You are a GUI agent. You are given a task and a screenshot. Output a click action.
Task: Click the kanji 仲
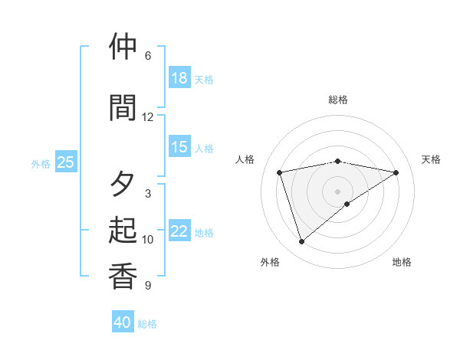(x=123, y=47)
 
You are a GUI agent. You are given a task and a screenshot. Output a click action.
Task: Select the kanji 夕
(x=123, y=184)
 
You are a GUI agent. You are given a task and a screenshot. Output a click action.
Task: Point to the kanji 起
(x=123, y=230)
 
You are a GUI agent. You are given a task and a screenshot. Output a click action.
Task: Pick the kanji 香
(x=123, y=276)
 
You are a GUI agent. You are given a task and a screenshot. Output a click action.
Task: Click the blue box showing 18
(x=179, y=78)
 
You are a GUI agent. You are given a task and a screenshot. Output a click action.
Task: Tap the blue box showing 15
(x=179, y=147)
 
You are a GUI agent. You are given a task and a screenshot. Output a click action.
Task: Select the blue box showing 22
(x=179, y=231)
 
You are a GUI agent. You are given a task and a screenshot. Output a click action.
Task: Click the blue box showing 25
(x=65, y=162)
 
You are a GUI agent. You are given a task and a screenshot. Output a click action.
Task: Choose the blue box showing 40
(x=123, y=322)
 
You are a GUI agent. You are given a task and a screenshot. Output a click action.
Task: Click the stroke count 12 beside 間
(x=148, y=116)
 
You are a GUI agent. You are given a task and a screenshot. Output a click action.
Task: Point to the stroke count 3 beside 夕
(x=148, y=193)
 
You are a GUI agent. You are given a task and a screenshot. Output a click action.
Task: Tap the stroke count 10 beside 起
(x=148, y=239)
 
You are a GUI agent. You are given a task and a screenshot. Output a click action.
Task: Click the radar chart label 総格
(x=338, y=100)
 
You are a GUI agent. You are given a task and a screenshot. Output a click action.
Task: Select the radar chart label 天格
(x=431, y=159)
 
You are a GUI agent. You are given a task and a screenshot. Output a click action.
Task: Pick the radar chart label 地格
(x=402, y=262)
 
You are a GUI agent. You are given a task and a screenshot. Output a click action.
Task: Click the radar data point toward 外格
(x=301, y=242)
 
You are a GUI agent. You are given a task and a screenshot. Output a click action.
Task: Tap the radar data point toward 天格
(x=396, y=172)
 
